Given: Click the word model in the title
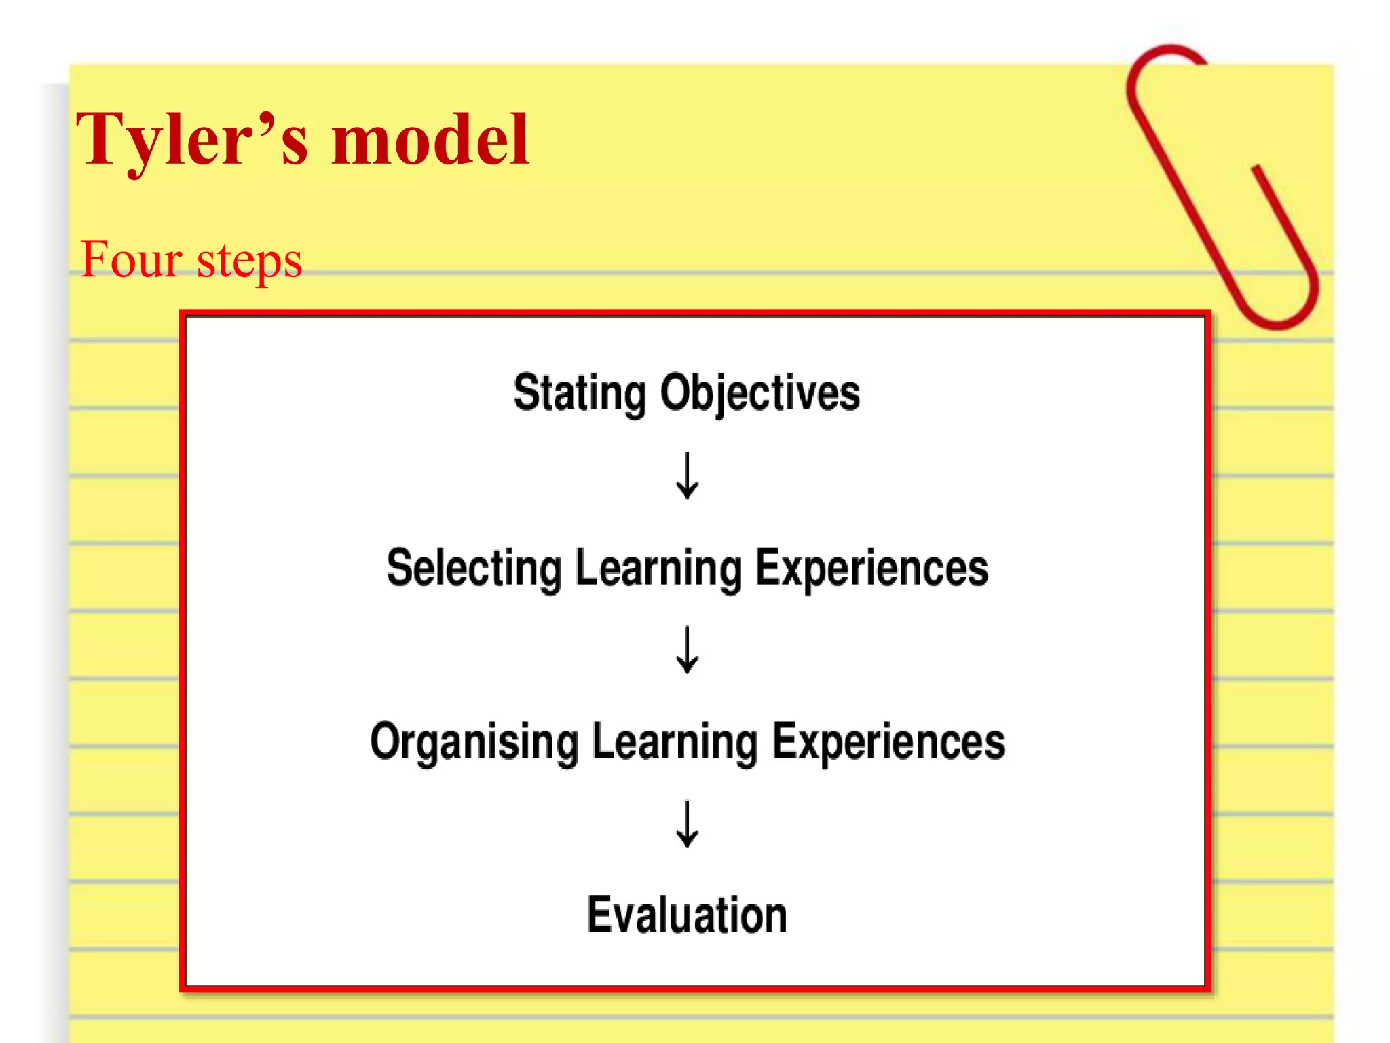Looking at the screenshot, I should click(x=430, y=141).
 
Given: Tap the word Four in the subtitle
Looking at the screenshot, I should click(x=131, y=260).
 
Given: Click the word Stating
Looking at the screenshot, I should click(x=580, y=393).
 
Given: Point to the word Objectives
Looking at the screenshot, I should click(x=760, y=393).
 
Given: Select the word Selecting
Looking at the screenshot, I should click(x=474, y=568).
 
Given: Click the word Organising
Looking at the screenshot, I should click(x=474, y=742).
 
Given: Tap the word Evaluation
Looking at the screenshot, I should click(x=687, y=915).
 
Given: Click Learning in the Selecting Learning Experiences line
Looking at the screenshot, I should click(x=658, y=568).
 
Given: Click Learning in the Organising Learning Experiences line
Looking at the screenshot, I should click(x=675, y=742).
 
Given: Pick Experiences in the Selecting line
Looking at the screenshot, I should click(x=871, y=568).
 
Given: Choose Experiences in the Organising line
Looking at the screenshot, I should click(x=889, y=742).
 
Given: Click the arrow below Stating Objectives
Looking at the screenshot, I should click(x=687, y=476).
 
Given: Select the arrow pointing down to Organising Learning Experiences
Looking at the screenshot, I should click(x=687, y=650).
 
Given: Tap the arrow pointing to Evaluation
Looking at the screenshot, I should click(x=687, y=824).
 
